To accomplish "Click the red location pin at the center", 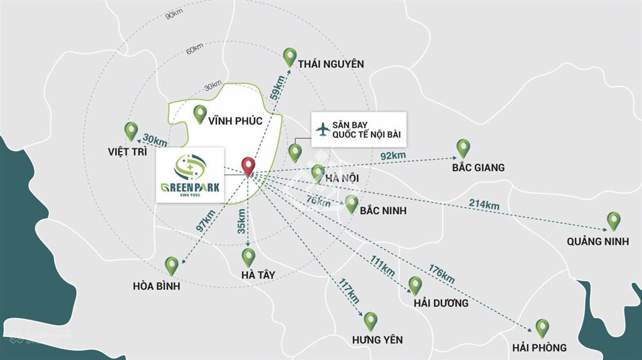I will coord(249,166).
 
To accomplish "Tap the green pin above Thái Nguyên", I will coord(290,56).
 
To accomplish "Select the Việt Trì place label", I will coord(127,152).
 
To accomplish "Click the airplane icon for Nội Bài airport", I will coord(323,129).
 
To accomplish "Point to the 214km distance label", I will coord(484,205).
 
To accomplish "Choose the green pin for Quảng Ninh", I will coord(614,220).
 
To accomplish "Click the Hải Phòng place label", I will coord(539,347).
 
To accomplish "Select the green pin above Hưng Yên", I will coord(371,320).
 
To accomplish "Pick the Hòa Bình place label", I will coord(157,286).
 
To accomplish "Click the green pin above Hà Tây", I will coord(248,257).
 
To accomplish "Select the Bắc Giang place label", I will coord(478,167).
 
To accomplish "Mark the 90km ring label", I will coord(174,15).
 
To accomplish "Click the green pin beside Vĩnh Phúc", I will coord(200,114).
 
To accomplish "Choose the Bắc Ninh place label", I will coord(383,211).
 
